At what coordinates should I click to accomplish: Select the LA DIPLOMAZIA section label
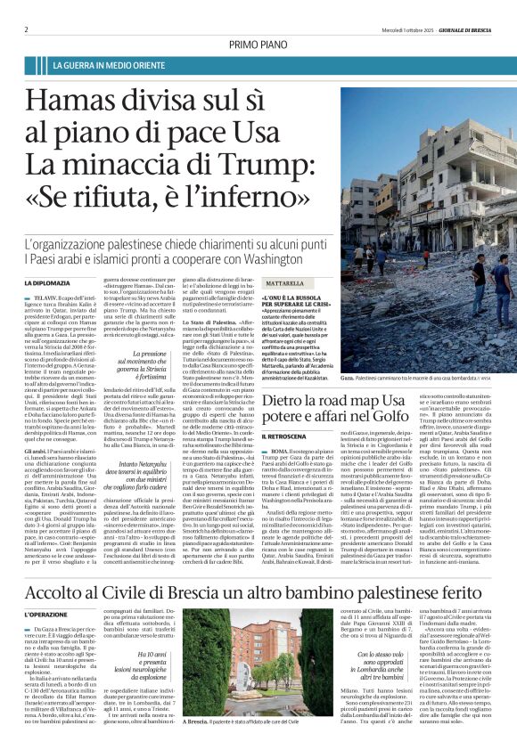[50, 283]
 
